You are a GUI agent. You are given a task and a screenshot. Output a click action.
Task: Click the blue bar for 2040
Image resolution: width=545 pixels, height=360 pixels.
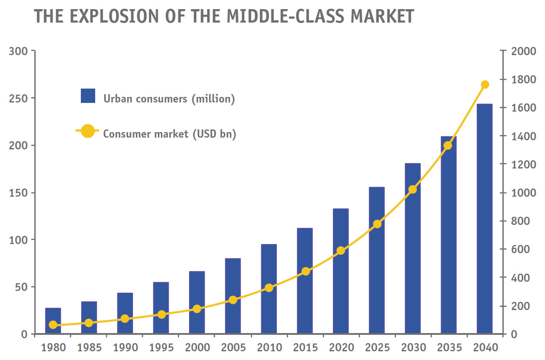(x=484, y=219)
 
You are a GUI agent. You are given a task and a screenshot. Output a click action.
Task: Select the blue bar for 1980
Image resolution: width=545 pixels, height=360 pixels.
(x=53, y=321)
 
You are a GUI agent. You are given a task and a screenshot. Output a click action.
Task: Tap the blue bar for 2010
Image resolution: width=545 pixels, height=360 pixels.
(x=269, y=289)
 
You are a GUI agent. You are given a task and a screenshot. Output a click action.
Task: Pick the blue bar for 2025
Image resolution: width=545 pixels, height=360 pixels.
(x=377, y=261)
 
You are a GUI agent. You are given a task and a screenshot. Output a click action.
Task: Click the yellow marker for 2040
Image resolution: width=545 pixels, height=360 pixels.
(x=485, y=85)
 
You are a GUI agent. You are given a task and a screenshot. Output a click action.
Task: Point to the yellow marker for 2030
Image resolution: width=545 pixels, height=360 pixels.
(x=413, y=190)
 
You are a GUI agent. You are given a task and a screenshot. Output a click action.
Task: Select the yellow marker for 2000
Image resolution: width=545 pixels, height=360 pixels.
(x=197, y=309)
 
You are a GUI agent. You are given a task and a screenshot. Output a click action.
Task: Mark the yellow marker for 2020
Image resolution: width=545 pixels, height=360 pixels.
(x=341, y=251)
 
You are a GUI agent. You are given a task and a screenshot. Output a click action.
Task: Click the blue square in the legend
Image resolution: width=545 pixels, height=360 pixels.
(x=88, y=96)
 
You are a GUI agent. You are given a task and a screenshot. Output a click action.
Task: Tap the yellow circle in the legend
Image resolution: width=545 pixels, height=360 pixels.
(x=88, y=131)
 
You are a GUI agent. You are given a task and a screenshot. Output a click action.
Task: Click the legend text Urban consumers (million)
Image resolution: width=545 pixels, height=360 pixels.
(x=169, y=99)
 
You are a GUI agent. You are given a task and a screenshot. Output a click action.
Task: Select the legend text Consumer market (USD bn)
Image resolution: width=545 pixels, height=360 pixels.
(x=169, y=134)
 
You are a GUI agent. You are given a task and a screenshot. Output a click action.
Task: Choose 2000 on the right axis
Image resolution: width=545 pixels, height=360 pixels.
(x=523, y=51)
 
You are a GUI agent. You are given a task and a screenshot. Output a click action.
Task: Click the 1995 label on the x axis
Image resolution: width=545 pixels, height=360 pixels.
(x=161, y=348)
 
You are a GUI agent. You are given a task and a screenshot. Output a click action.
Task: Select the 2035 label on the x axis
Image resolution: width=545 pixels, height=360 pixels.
(x=449, y=348)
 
